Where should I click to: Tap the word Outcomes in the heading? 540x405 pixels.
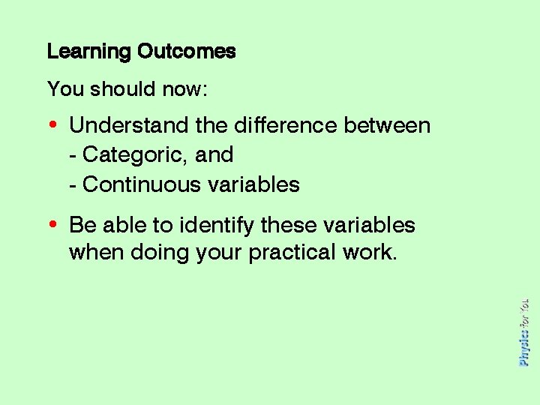[x=186, y=52]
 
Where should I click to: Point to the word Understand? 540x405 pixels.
[x=130, y=124]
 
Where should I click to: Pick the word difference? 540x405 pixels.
[x=282, y=124]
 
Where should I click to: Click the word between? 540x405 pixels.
[x=387, y=124]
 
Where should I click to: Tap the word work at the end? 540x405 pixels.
[x=373, y=252]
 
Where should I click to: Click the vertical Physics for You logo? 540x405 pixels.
[x=524, y=331]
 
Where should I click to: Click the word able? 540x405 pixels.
[x=120, y=225]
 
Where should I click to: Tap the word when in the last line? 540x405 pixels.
[x=97, y=252]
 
